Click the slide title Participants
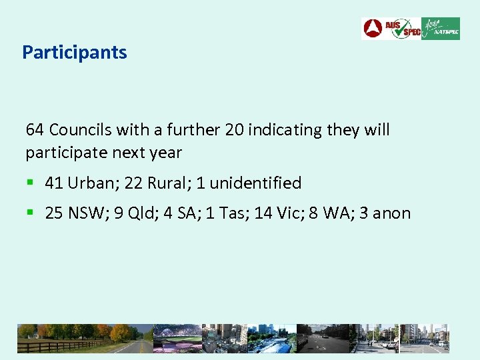coord(75,52)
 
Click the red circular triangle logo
coord(373,29)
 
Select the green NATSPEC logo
coord(441,29)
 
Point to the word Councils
coord(77,129)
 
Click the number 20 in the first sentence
coord(235,129)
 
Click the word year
coord(166,153)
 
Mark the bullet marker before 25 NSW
coord(30,213)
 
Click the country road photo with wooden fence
coord(83,338)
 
